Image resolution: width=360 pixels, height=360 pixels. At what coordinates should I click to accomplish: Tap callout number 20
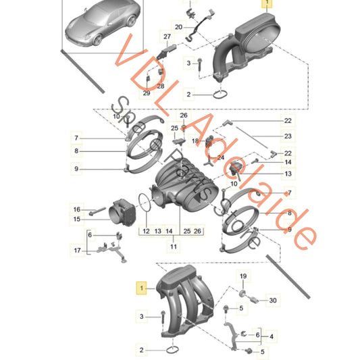pos(178,26)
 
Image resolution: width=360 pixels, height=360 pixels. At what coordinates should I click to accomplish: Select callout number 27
pos(167,35)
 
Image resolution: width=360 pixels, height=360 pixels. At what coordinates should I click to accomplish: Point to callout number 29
pos(147,93)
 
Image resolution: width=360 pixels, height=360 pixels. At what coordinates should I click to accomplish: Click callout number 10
pos(115,117)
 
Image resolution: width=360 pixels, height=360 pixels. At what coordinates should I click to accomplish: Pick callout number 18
pos(195,140)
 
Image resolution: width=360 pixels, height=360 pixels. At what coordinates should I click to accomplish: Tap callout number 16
pos(77,209)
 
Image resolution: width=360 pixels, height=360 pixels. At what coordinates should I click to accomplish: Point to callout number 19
pos(242,276)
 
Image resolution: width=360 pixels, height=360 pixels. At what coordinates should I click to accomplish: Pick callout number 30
pos(272,300)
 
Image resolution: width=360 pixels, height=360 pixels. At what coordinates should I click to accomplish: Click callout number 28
pos(160,86)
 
